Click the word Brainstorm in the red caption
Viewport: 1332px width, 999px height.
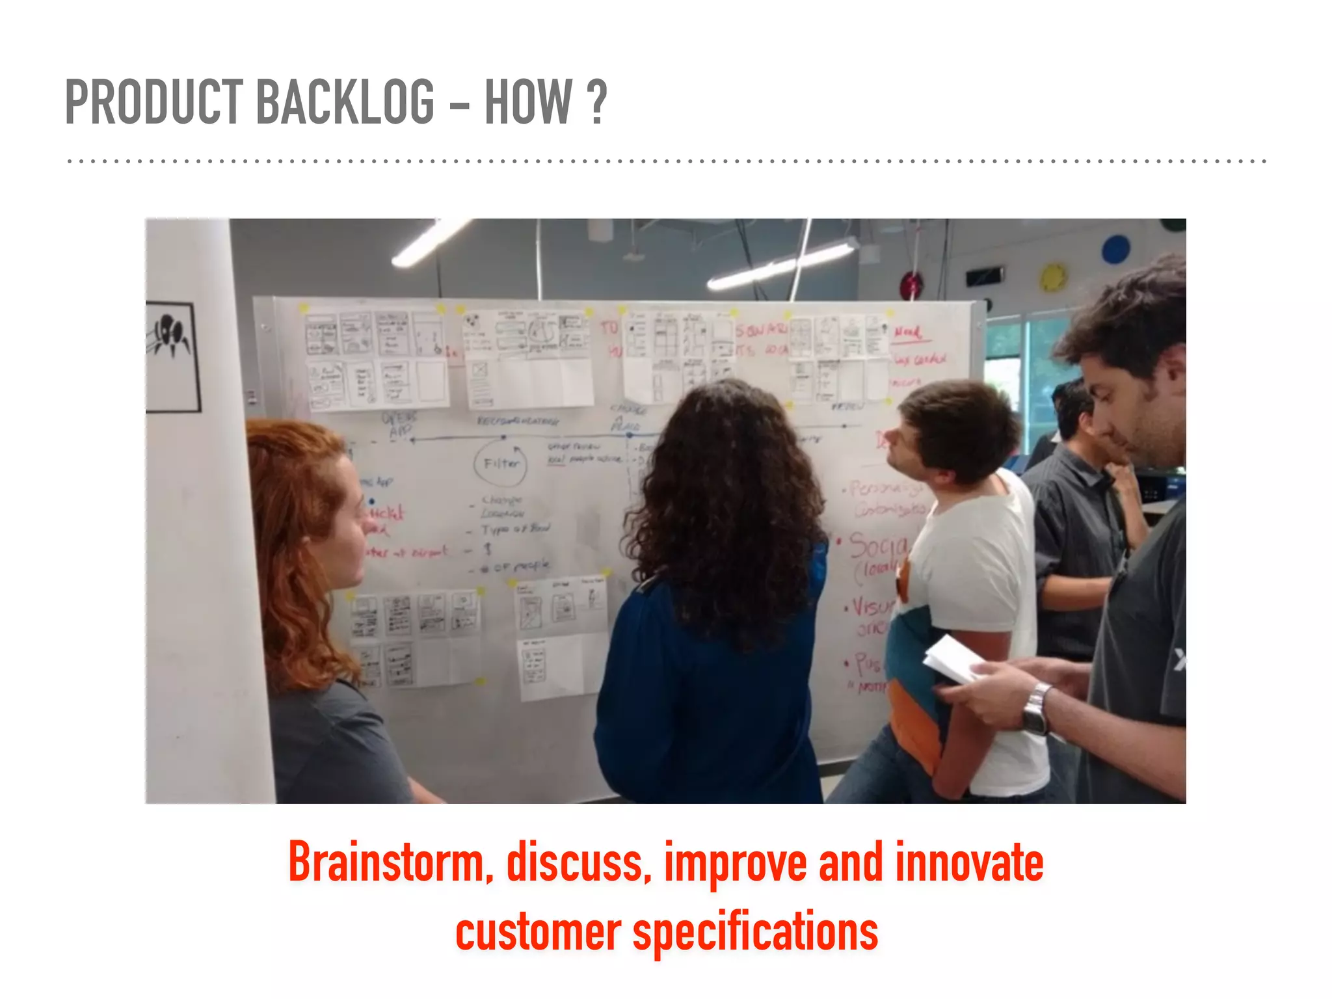pyautogui.click(x=387, y=862)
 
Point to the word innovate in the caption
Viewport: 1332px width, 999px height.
pyautogui.click(x=969, y=862)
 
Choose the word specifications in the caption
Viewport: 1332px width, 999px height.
pyautogui.click(x=755, y=931)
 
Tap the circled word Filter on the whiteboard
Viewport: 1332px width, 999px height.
pyautogui.click(x=501, y=463)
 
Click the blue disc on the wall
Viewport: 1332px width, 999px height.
pyautogui.click(x=1115, y=249)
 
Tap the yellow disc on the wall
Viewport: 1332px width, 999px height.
pyautogui.click(x=1053, y=276)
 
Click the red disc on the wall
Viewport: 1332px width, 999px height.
pyautogui.click(x=911, y=285)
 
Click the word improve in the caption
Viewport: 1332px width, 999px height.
pyautogui.click(x=735, y=862)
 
